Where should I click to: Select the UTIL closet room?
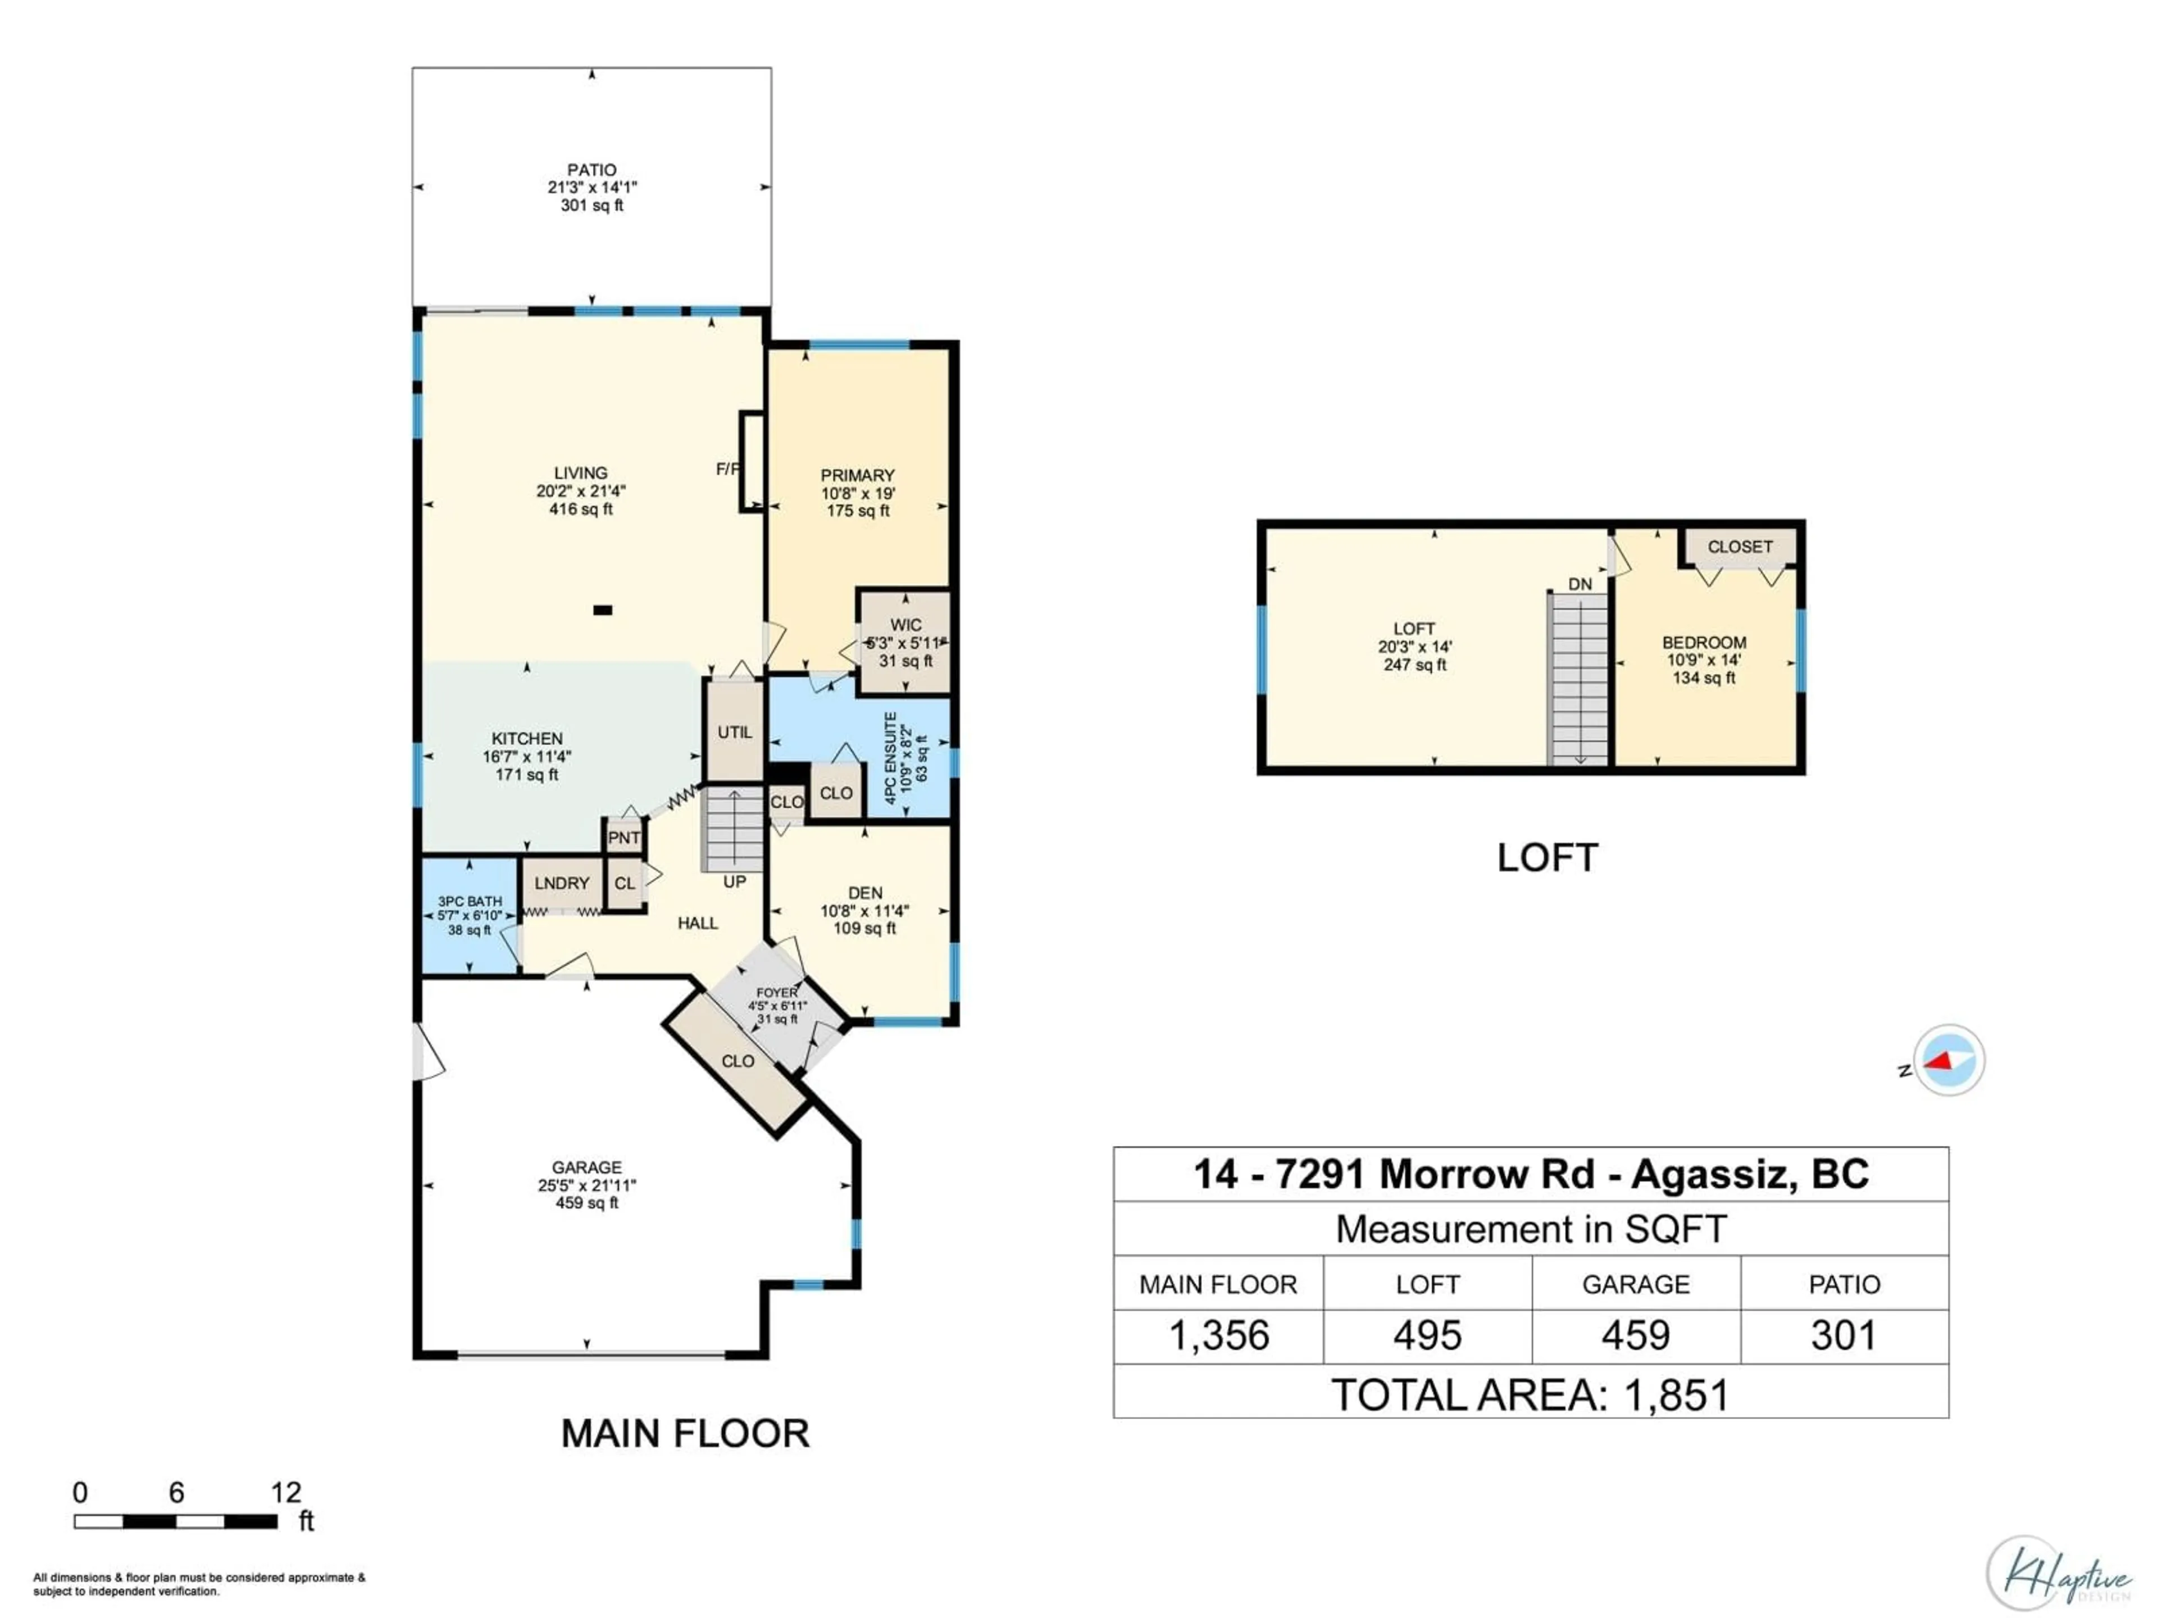click(x=734, y=731)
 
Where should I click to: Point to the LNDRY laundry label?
click(x=562, y=883)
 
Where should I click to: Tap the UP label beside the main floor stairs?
click(x=734, y=881)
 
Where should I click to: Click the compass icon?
click(x=1948, y=1060)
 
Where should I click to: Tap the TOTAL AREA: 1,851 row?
click(x=1530, y=1394)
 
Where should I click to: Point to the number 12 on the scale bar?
click(x=286, y=1492)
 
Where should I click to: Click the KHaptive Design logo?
click(x=2058, y=1573)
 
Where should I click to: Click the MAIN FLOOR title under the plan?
click(x=685, y=1433)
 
